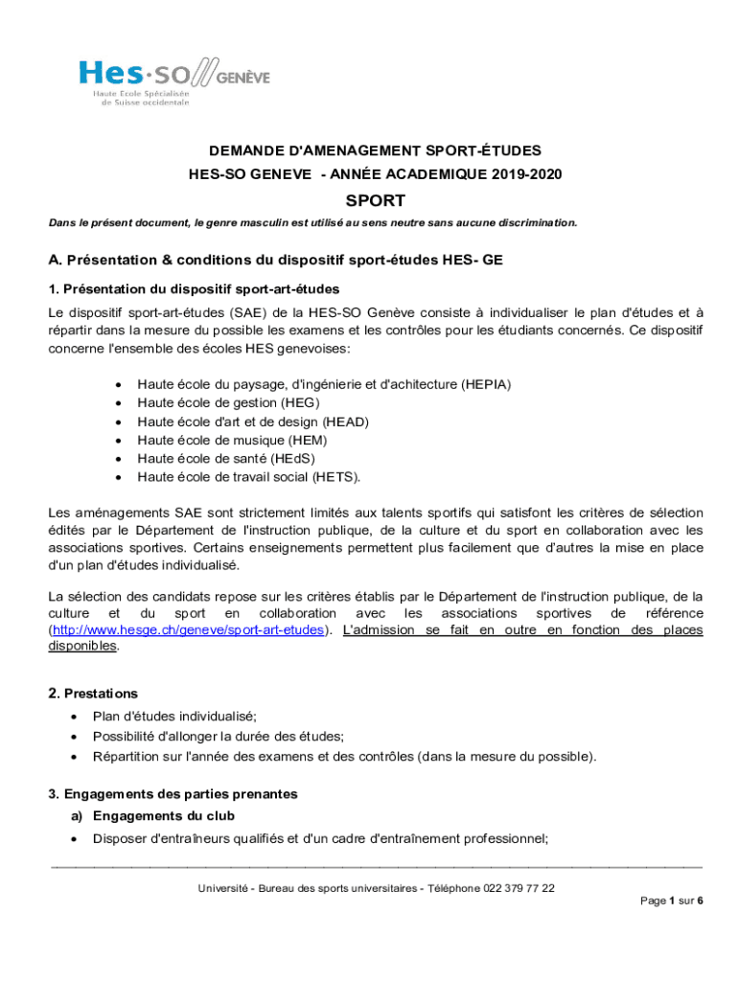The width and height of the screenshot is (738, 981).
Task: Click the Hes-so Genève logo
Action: pos(173,81)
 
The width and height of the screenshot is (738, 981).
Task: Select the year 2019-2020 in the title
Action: pos(527,174)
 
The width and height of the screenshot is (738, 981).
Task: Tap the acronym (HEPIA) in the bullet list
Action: pos(486,384)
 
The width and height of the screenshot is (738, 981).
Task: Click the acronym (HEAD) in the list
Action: pos(346,422)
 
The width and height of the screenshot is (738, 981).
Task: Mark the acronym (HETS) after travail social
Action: pos(335,476)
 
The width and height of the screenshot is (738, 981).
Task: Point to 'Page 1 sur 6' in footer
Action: pos(672,901)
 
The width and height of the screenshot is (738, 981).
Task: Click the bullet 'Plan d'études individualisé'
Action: pos(174,716)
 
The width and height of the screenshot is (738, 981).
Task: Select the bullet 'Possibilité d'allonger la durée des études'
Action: pos(218,736)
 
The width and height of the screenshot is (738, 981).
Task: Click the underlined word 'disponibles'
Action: pos(83,646)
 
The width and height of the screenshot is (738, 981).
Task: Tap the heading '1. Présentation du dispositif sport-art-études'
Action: pos(194,288)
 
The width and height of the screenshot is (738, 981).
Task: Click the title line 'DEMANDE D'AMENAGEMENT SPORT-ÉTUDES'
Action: pos(375,150)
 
